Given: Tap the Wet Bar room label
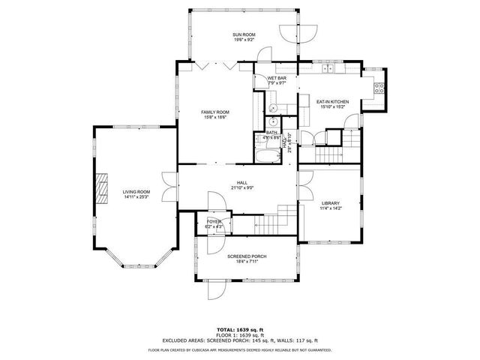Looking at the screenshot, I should click(277, 79).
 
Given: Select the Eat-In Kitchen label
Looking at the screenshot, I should click(330, 101).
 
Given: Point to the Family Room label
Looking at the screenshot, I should click(214, 112).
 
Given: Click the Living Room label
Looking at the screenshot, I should click(136, 192).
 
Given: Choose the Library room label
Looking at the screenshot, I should click(331, 203).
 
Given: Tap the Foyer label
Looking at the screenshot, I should click(214, 221).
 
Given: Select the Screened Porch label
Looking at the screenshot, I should click(247, 256).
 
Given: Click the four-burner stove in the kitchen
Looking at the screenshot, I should click(378, 85).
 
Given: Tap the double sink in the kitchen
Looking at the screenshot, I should click(328, 69).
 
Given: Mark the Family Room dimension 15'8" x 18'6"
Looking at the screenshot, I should click(214, 118).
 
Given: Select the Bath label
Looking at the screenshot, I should click(271, 133).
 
